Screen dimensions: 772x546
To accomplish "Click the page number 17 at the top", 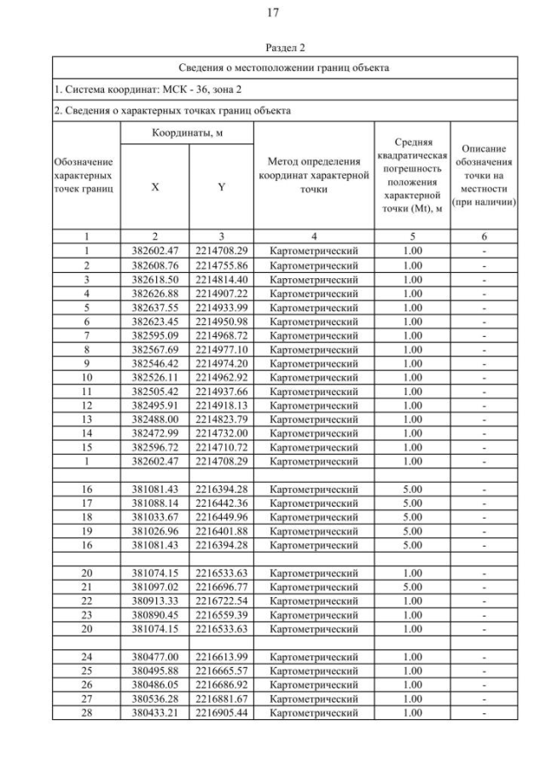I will (273, 12).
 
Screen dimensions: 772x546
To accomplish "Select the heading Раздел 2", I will (273, 49).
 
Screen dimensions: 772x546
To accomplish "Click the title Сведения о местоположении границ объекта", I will (273, 67).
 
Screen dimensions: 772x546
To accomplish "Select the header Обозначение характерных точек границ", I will (86, 174).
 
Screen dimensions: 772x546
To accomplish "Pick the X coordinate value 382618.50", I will (154, 279).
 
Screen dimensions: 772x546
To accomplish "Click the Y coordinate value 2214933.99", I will (221, 307).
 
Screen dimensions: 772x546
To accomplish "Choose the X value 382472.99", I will (154, 432).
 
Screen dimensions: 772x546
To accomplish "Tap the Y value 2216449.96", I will (221, 516).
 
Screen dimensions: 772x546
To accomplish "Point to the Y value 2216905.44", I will (221, 711).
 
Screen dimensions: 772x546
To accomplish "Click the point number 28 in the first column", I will (86, 711).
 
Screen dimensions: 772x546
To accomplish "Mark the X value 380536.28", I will (154, 698).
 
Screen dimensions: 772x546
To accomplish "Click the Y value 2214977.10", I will (221, 349).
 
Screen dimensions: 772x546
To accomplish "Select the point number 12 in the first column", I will (86, 404).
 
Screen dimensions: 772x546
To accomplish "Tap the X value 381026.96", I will (154, 531).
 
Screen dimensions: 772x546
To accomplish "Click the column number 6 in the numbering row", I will (483, 237).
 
